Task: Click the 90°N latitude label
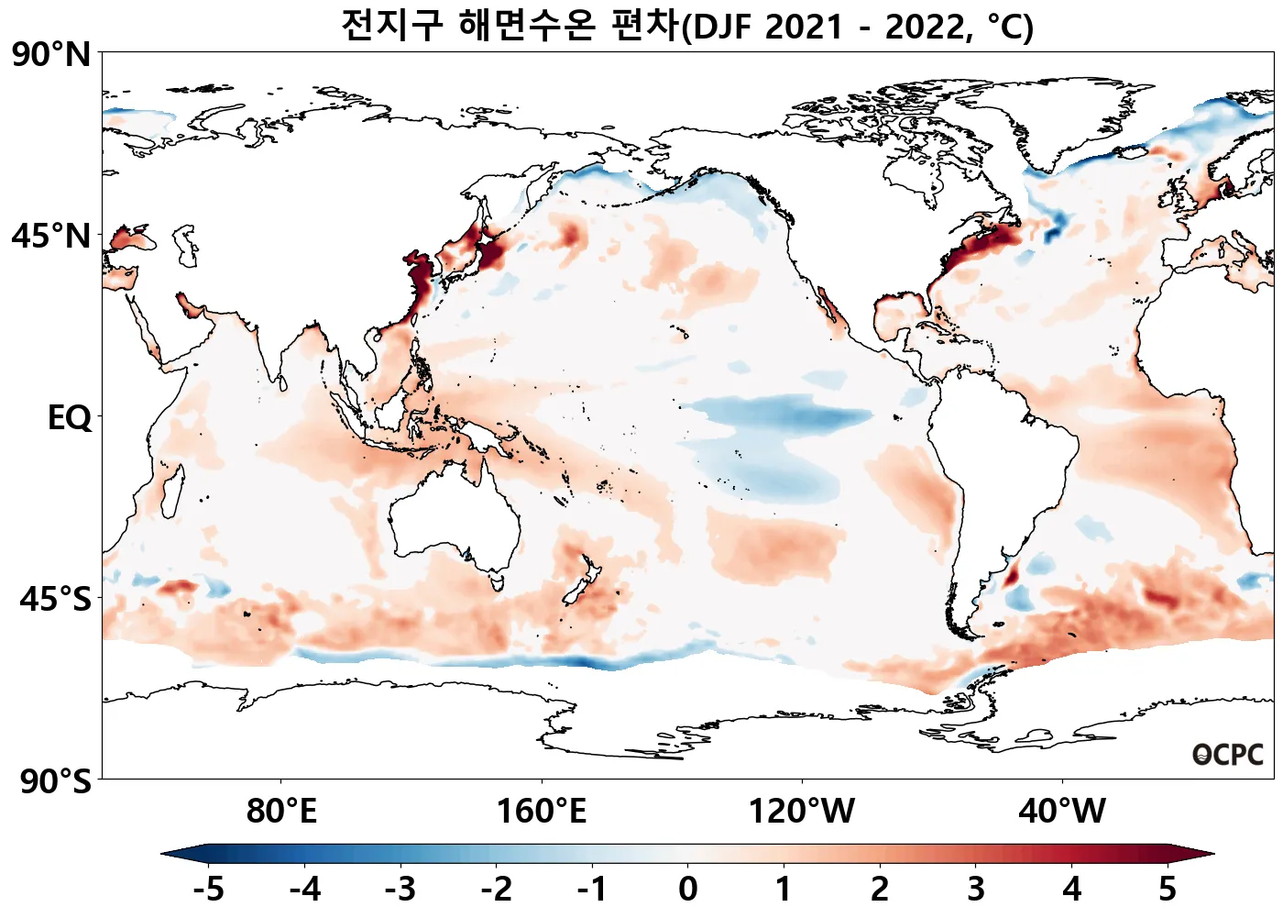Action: click(x=51, y=55)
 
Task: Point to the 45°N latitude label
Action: click(x=51, y=237)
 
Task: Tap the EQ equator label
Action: click(x=70, y=418)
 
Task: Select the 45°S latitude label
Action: click(x=55, y=600)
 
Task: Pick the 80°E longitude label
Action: click(x=281, y=812)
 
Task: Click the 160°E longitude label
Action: click(x=541, y=812)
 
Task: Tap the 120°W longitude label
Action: click(x=802, y=812)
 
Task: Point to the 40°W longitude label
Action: click(x=1062, y=812)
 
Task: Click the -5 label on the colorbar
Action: click(x=209, y=889)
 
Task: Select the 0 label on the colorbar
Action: click(x=688, y=889)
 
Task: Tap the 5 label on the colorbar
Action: click(x=1167, y=889)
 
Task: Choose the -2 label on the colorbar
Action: click(x=497, y=889)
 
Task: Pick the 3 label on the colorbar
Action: click(x=976, y=889)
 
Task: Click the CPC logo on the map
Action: click(x=1228, y=755)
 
